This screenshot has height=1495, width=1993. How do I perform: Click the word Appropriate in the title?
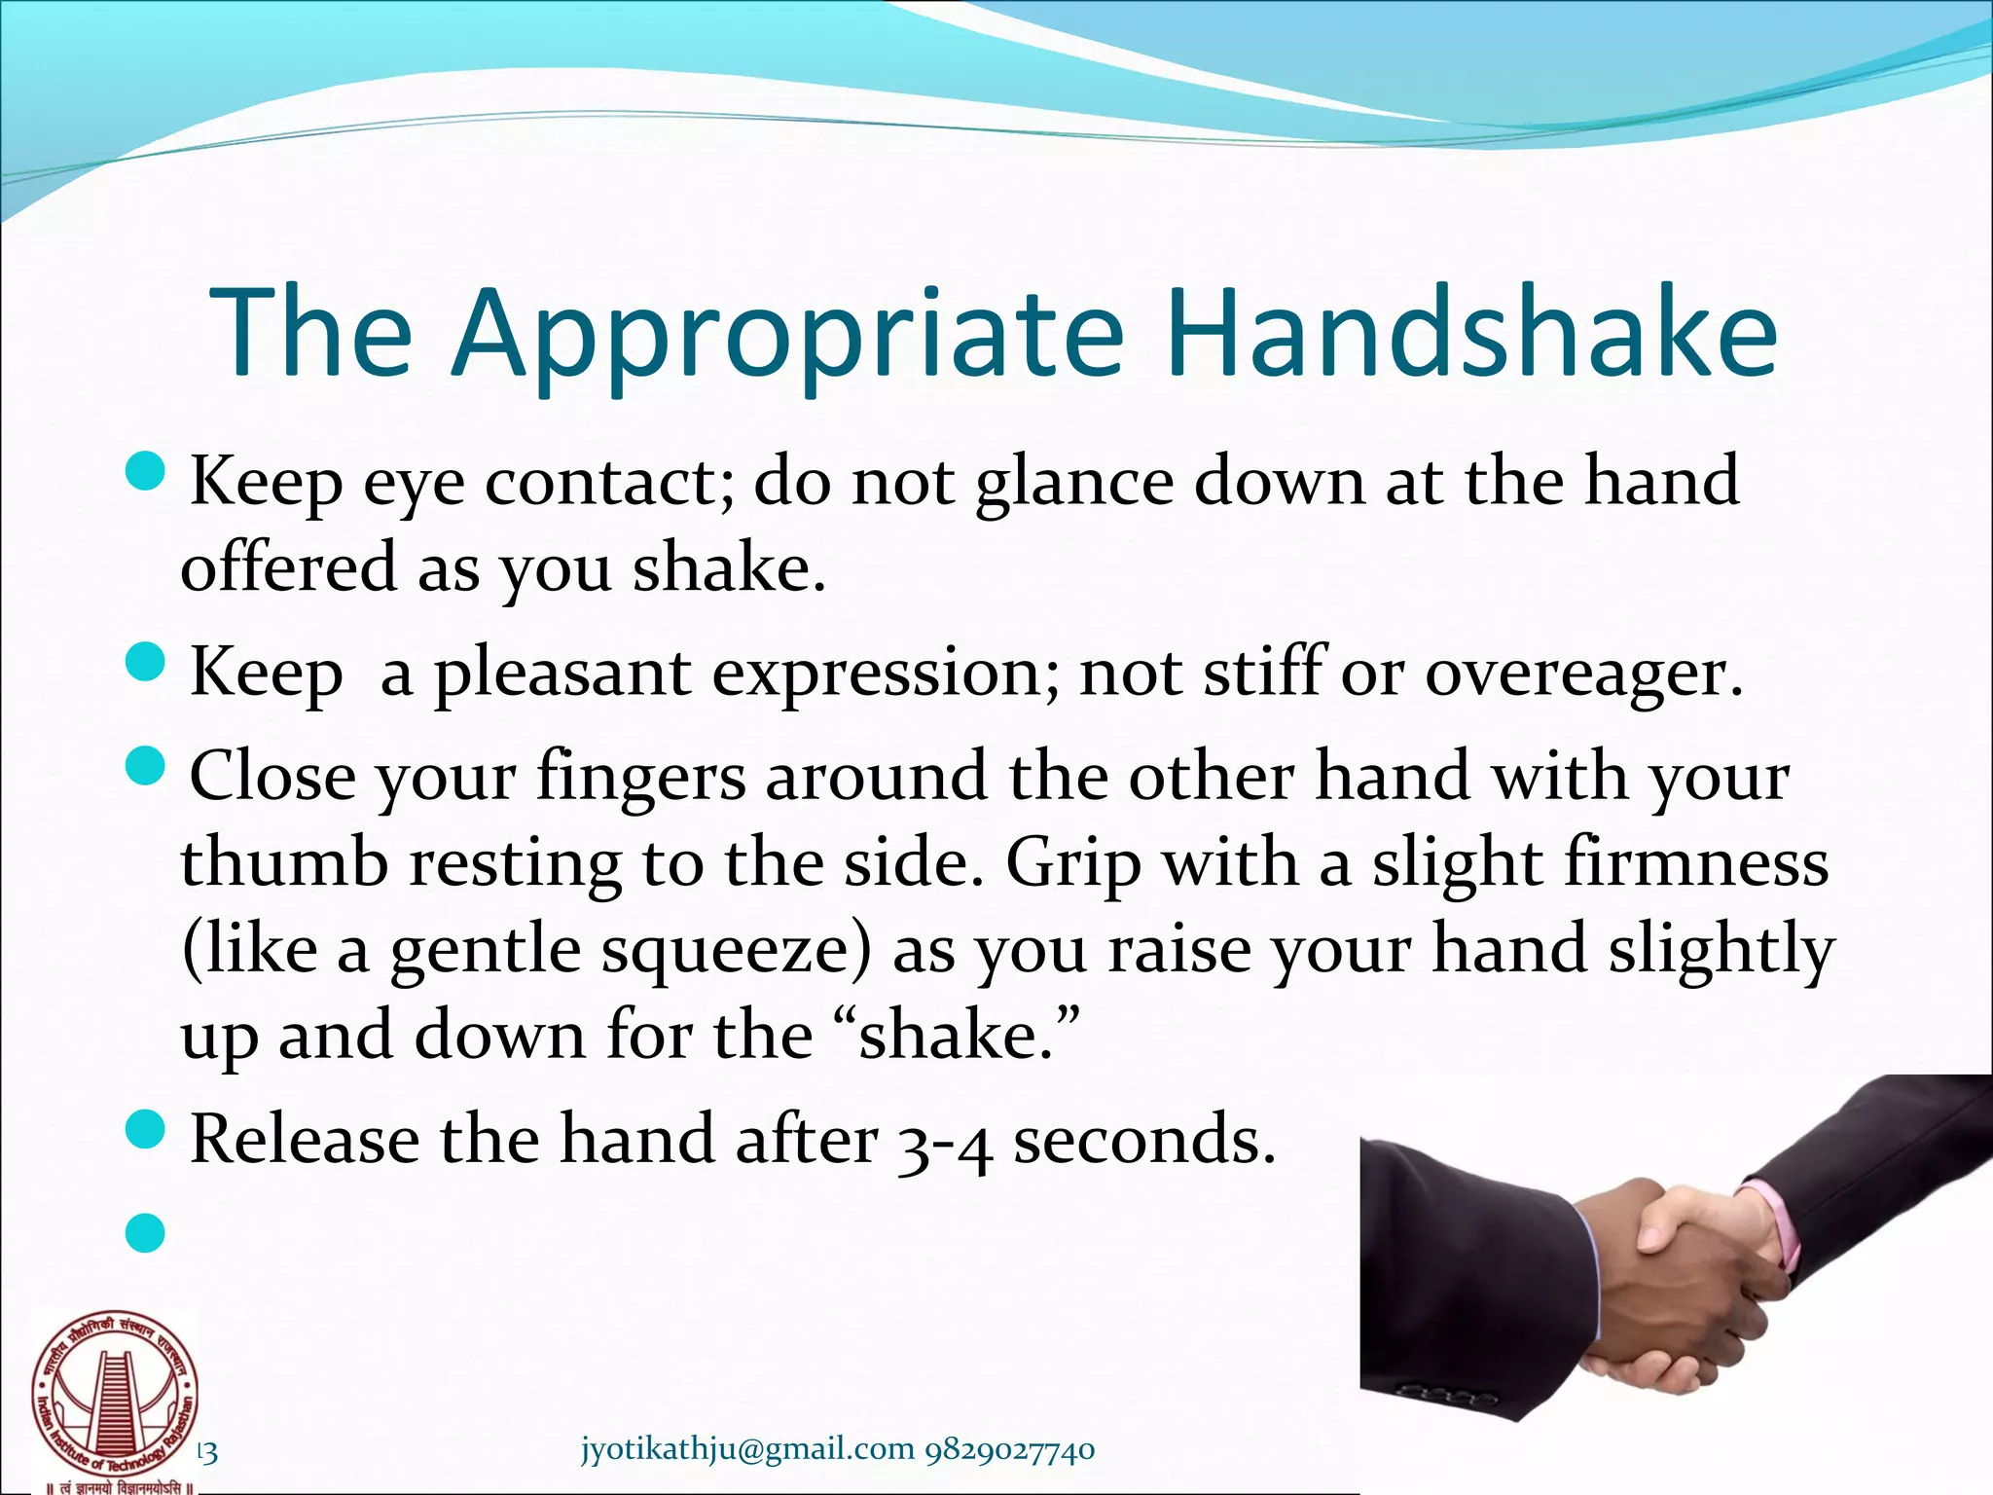(788, 336)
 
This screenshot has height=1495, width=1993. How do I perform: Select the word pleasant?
(562, 674)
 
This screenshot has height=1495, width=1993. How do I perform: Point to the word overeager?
(1583, 674)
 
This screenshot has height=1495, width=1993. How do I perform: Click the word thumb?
(284, 862)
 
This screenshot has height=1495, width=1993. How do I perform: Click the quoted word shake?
(957, 1035)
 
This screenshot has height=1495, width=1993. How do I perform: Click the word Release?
(305, 1138)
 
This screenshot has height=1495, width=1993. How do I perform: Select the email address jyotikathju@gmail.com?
(747, 1449)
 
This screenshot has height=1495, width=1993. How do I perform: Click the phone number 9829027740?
(1009, 1449)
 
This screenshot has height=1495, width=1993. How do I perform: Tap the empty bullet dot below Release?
(146, 1234)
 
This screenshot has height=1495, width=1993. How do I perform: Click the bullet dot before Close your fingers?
(146, 768)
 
